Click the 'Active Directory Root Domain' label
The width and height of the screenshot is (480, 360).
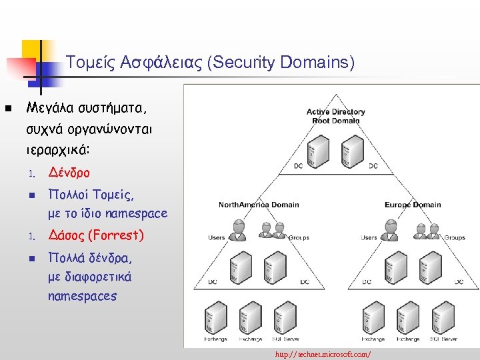coord(336,116)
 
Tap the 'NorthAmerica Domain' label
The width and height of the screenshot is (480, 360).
coord(259,205)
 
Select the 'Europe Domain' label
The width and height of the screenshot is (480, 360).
coord(413,205)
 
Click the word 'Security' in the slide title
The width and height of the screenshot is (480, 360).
coord(243,63)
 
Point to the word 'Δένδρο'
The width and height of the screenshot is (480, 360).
coord(69,173)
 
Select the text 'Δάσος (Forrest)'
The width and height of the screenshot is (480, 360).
coord(95,235)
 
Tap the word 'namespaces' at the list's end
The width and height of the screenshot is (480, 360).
coord(82,295)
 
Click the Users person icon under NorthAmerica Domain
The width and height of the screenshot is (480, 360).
coord(236,229)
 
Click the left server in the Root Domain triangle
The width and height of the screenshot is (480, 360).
coord(317,151)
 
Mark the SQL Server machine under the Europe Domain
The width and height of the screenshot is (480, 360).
coord(443,317)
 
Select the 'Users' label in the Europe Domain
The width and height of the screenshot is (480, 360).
coord(369,237)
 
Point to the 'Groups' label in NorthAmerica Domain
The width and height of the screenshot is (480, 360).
coord(299,237)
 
